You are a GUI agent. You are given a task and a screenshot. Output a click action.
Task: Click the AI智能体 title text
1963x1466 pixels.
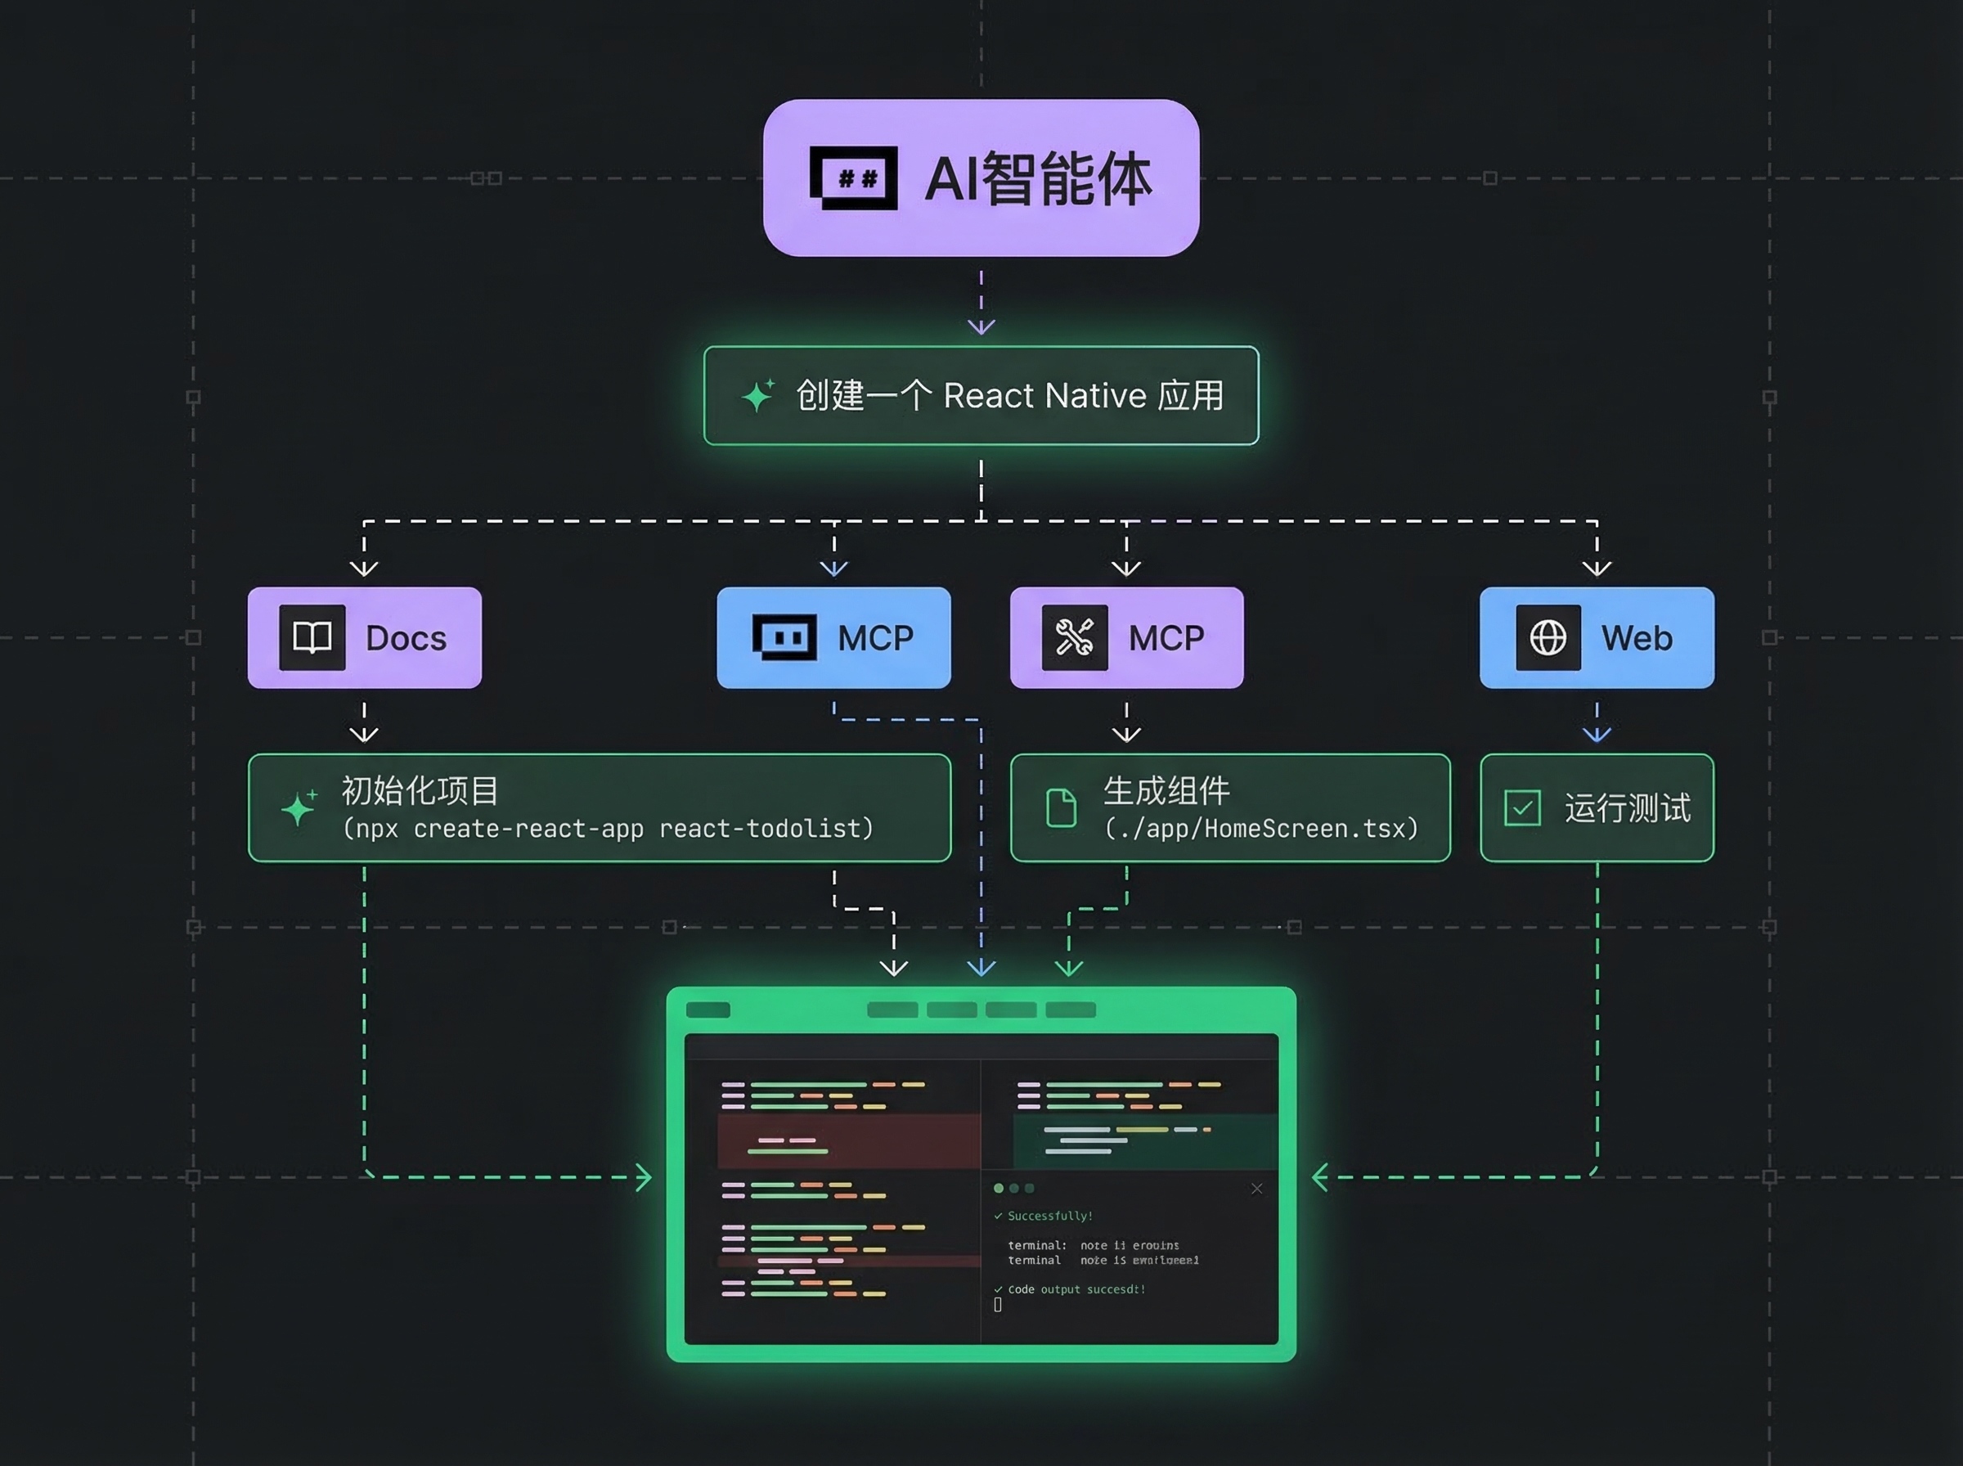click(1038, 179)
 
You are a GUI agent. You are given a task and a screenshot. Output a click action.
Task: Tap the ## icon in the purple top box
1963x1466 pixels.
click(853, 178)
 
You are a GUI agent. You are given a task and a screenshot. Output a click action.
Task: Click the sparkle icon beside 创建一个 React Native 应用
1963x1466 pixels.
click(757, 395)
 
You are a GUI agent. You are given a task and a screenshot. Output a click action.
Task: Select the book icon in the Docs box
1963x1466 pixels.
click(312, 637)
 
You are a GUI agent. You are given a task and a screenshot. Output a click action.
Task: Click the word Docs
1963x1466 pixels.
click(406, 638)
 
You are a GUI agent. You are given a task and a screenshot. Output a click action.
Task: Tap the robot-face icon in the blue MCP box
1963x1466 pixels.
click(784, 637)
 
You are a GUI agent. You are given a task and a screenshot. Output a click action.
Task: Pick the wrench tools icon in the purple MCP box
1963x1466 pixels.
click(1074, 637)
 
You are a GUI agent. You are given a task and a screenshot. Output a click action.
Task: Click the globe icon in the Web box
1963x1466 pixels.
click(1547, 637)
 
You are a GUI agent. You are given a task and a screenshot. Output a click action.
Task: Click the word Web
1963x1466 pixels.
click(1637, 638)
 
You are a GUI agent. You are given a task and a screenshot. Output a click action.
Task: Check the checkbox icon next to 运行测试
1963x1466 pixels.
click(1522, 807)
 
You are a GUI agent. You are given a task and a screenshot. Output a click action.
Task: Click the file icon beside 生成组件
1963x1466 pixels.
click(1061, 807)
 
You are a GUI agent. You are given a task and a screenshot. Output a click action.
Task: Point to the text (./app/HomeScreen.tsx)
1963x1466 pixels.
click(1260, 829)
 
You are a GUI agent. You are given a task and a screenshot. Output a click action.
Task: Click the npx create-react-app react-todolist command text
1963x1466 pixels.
click(609, 829)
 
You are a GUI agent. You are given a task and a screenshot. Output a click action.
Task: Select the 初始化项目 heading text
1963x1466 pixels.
click(420, 789)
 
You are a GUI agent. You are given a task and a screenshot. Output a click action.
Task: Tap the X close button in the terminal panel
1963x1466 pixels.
click(1256, 1188)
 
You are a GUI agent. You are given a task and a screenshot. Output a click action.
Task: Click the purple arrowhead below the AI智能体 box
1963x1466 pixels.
click(981, 326)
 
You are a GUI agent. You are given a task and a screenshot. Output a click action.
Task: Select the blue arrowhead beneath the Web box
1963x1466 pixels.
click(1597, 734)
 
